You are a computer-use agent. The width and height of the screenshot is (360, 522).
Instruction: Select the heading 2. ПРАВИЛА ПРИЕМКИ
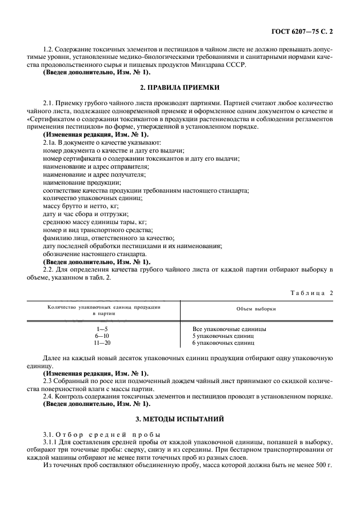[x=179, y=88]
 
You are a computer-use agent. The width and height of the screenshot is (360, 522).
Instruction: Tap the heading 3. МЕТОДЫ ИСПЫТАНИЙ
[x=179, y=419]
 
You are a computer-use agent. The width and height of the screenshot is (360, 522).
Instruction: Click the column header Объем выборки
[x=256, y=309]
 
